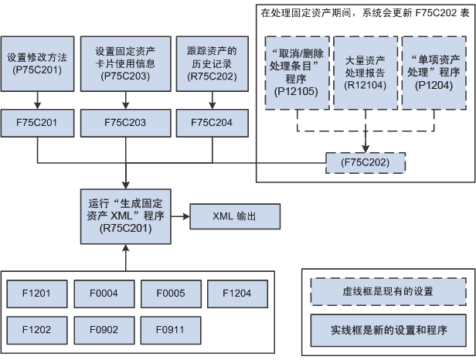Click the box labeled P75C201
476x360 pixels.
click(37, 64)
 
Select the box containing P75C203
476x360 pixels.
click(126, 64)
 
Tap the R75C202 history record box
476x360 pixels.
click(212, 64)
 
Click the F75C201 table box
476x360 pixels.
click(37, 123)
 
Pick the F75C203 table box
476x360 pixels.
click(126, 123)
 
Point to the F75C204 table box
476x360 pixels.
click(212, 123)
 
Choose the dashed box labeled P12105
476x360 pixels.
click(297, 73)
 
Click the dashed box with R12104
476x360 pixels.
click(365, 73)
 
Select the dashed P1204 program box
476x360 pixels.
click(434, 73)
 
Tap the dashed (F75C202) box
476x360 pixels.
click(365, 163)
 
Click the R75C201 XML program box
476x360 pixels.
click(126, 216)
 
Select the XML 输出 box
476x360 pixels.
click(235, 216)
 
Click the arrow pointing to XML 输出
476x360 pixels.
click(180, 216)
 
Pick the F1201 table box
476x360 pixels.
click(37, 294)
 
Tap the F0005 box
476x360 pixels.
click(171, 294)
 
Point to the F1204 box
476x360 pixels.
click(237, 294)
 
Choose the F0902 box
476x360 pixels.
click(104, 330)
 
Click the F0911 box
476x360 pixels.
click(171, 330)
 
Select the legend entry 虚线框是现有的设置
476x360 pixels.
click(388, 292)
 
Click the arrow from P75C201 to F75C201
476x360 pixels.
click(37, 100)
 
